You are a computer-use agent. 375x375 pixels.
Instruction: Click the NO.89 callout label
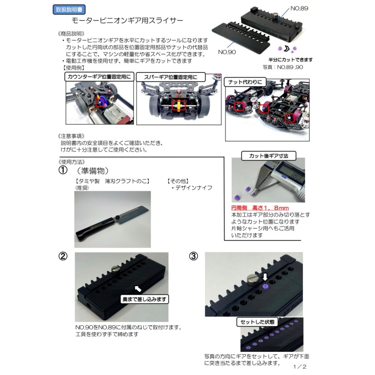click(299, 8)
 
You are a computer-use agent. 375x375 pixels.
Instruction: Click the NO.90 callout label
click(227, 52)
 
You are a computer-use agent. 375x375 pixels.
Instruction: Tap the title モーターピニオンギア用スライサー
click(127, 21)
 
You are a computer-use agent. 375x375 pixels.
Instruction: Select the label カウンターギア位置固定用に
click(99, 77)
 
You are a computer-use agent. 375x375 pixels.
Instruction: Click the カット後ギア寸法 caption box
click(268, 155)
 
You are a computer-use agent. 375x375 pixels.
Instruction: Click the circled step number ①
click(63, 170)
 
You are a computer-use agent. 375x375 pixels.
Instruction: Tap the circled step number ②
click(63, 256)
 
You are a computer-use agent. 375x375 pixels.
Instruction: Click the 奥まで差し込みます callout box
click(145, 299)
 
